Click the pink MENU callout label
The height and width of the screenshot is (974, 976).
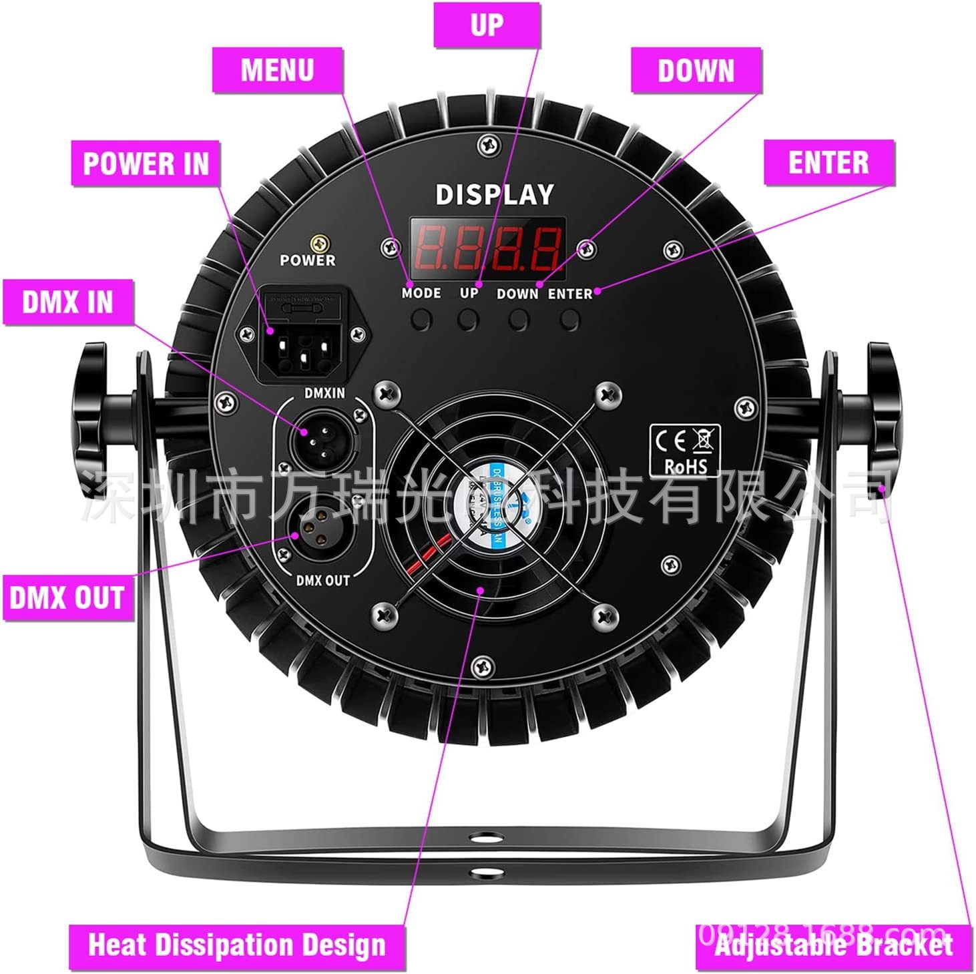278,70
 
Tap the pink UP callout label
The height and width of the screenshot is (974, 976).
487,25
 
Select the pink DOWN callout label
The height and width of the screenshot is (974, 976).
696,70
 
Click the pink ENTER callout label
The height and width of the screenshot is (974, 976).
828,162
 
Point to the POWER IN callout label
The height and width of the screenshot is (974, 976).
146,164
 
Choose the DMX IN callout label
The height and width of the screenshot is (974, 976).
68,302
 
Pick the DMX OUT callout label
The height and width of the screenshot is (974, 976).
67,597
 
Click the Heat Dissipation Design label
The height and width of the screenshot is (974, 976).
237,945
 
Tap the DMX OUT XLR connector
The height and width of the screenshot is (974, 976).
314,529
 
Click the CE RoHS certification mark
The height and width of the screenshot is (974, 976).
684,451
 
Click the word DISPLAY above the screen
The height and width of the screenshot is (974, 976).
495,195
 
